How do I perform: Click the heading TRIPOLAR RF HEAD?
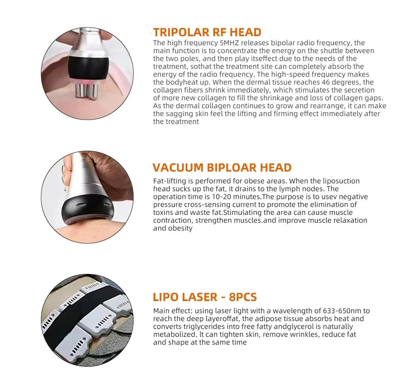207,32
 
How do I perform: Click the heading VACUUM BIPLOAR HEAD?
222,167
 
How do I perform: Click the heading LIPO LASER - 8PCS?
205,297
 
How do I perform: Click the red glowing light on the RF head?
83,81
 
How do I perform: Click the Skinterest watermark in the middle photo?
96,228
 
